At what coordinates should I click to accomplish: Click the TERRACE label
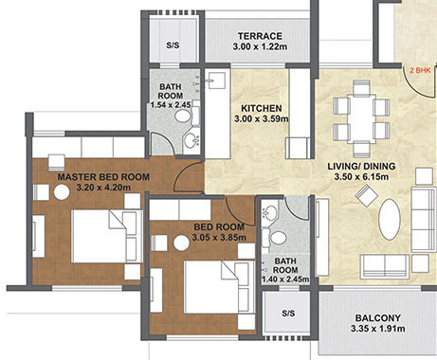click(x=261, y=35)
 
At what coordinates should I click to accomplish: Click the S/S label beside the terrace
click(x=173, y=45)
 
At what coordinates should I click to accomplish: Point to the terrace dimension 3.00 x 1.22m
click(x=261, y=46)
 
